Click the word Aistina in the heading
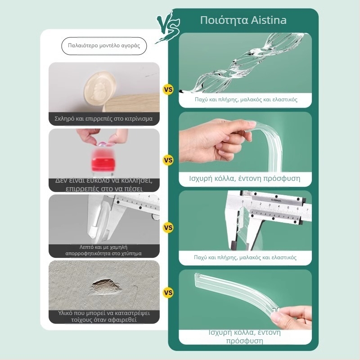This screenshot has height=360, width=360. click(x=269, y=20)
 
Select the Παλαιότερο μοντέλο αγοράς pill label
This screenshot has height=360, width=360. click(x=104, y=46)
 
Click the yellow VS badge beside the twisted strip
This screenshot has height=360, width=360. click(x=168, y=89)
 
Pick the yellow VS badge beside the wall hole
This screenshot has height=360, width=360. click(x=168, y=292)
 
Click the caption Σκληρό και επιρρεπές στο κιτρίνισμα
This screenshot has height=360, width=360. click(x=104, y=119)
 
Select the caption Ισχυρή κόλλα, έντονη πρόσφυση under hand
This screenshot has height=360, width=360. click(x=245, y=178)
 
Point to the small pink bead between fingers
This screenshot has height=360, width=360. click(x=102, y=144)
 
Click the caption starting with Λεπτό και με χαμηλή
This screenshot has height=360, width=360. click(x=104, y=250)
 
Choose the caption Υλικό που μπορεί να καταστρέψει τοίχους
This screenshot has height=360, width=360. click(x=104, y=316)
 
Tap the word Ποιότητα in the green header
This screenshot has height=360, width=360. click(x=224, y=20)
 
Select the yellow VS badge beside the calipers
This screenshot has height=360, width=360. click(x=168, y=228)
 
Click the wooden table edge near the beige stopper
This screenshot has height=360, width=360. click(x=131, y=103)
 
